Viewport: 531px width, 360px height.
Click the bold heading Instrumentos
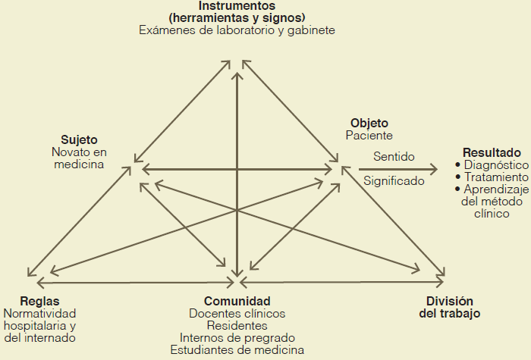pyautogui.click(x=237, y=6)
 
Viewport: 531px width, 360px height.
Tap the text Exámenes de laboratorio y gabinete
pyautogui.click(x=237, y=30)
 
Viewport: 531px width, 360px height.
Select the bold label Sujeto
pyautogui.click(x=79, y=139)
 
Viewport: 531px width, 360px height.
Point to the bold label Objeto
pyautogui.click(x=369, y=123)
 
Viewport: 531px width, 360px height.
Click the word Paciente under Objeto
pyautogui.click(x=369, y=136)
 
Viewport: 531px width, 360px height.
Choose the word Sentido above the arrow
pyautogui.click(x=394, y=157)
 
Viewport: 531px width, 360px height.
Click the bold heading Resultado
pyautogui.click(x=492, y=152)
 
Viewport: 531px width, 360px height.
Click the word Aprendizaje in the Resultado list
pyautogui.click(x=495, y=189)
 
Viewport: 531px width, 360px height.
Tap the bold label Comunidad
pyautogui.click(x=237, y=300)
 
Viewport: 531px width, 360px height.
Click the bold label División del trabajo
pyautogui.click(x=450, y=306)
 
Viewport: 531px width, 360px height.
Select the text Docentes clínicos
pyautogui.click(x=237, y=313)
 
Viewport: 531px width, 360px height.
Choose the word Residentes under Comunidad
pyautogui.click(x=237, y=325)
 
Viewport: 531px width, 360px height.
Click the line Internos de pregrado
pyautogui.click(x=237, y=337)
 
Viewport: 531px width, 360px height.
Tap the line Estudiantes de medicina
pyautogui.click(x=237, y=349)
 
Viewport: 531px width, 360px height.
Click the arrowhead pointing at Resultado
pyautogui.click(x=435, y=169)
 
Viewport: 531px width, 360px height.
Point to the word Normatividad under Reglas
pyautogui.click(x=40, y=313)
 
